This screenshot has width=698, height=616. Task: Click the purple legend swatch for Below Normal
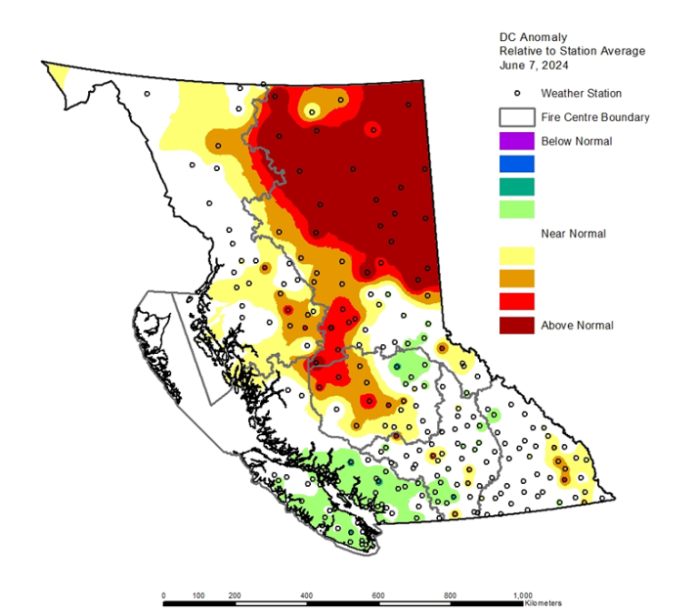click(515, 141)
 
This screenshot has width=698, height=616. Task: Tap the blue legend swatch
click(515, 164)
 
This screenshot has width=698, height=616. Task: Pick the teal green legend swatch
click(515, 187)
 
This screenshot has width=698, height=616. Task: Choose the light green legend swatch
click(515, 209)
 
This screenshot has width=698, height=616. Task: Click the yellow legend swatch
click(515, 256)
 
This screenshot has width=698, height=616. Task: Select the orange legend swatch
click(515, 278)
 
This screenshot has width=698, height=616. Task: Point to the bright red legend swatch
click(515, 301)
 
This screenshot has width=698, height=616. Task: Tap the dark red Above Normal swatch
click(515, 325)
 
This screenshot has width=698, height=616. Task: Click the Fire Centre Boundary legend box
click(515, 117)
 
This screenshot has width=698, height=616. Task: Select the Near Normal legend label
click(573, 234)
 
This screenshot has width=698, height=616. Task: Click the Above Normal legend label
click(576, 326)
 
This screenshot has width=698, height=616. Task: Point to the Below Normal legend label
click(576, 141)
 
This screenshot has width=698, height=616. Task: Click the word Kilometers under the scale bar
click(543, 604)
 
